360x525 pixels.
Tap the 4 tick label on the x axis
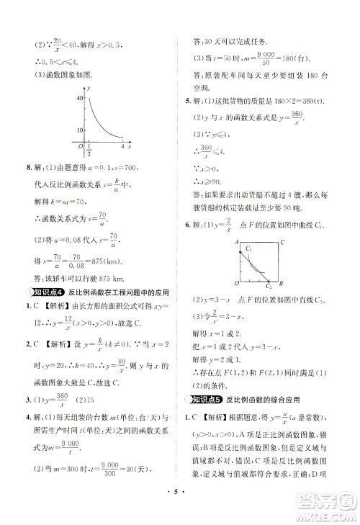[122, 146]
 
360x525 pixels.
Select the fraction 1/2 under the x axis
[88, 150]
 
